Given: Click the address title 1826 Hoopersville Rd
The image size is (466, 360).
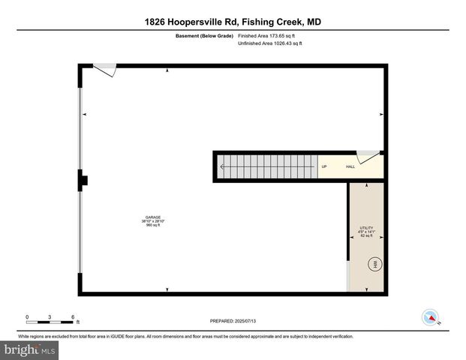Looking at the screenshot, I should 233,22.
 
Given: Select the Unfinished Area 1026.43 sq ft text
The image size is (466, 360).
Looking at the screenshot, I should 271,43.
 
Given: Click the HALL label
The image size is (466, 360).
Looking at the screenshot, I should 350,166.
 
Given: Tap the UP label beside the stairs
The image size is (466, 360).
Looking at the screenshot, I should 324,166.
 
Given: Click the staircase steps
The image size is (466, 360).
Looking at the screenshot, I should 266,166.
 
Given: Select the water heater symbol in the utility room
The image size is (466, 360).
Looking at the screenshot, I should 375,264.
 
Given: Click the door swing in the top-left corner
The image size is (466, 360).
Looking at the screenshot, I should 106,70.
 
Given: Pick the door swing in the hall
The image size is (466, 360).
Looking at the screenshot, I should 367,156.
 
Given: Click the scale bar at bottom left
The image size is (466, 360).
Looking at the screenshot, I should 50,321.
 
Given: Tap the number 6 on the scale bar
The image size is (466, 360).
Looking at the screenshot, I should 72,316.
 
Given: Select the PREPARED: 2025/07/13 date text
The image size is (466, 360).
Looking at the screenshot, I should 233,321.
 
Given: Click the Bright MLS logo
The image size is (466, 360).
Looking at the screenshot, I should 30,349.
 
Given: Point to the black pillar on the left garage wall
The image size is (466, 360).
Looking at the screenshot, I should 83,179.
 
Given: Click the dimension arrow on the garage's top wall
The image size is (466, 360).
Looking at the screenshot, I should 167,70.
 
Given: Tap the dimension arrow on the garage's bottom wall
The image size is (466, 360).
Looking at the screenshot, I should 167,289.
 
